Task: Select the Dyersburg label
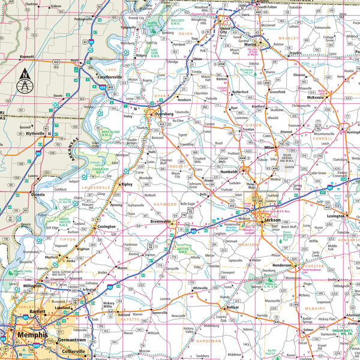click(162, 113)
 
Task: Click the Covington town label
click(107, 227)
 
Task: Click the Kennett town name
click(26, 56)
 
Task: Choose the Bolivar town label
click(233, 307)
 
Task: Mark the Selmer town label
click(309, 330)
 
